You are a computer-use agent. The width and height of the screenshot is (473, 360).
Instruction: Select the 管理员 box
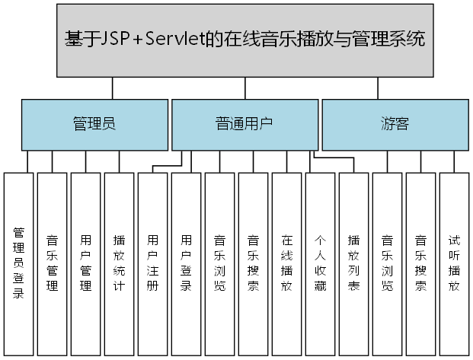click(x=94, y=124)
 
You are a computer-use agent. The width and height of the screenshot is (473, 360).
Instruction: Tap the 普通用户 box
click(x=244, y=124)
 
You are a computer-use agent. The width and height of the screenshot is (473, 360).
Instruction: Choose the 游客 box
click(x=394, y=124)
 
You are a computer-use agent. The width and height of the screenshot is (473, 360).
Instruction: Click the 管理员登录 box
click(x=19, y=262)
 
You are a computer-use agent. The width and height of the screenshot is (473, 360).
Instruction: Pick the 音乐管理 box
click(x=53, y=262)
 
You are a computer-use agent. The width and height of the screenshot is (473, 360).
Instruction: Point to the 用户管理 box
click(x=86, y=262)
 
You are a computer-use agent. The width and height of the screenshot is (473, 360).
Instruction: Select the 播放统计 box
click(x=120, y=262)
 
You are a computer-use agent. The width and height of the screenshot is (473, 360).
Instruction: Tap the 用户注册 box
click(x=153, y=262)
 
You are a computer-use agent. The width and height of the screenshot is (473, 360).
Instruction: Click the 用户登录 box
click(x=187, y=262)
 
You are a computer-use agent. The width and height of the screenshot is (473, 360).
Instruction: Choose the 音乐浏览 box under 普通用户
click(x=220, y=262)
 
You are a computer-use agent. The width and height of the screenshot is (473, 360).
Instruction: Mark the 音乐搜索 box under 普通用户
click(x=254, y=262)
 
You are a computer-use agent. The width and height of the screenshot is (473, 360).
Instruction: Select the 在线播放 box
click(x=287, y=262)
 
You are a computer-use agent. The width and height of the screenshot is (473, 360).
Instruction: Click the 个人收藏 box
click(x=321, y=262)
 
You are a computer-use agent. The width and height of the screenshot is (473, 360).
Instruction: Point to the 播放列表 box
click(x=354, y=262)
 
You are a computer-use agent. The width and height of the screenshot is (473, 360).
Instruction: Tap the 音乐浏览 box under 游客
click(x=388, y=262)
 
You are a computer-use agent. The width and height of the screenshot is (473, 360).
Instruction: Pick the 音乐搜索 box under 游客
click(x=421, y=262)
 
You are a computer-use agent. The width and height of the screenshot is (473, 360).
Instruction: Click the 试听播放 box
click(x=455, y=262)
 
